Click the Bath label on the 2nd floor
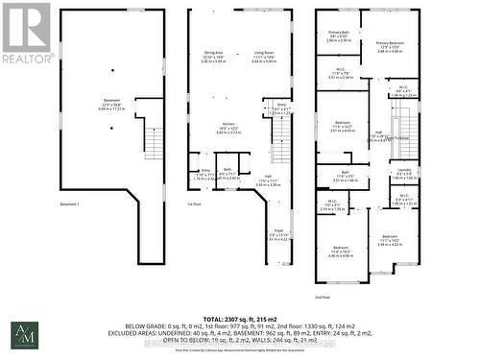(344, 173)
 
